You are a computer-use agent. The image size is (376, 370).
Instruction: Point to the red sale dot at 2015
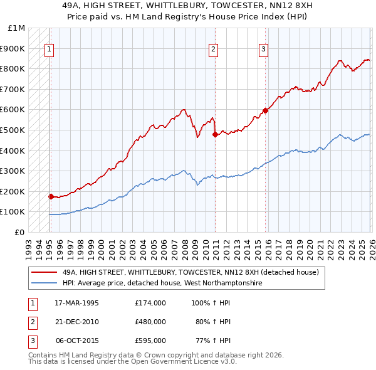pos(265,110)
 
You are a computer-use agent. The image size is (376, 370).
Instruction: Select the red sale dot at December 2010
pos(215,134)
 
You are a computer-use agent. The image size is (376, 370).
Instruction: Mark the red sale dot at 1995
pos(51,196)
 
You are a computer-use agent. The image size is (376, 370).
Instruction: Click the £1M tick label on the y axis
pos(17,28)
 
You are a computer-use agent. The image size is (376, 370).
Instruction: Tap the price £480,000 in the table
pos(150,322)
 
